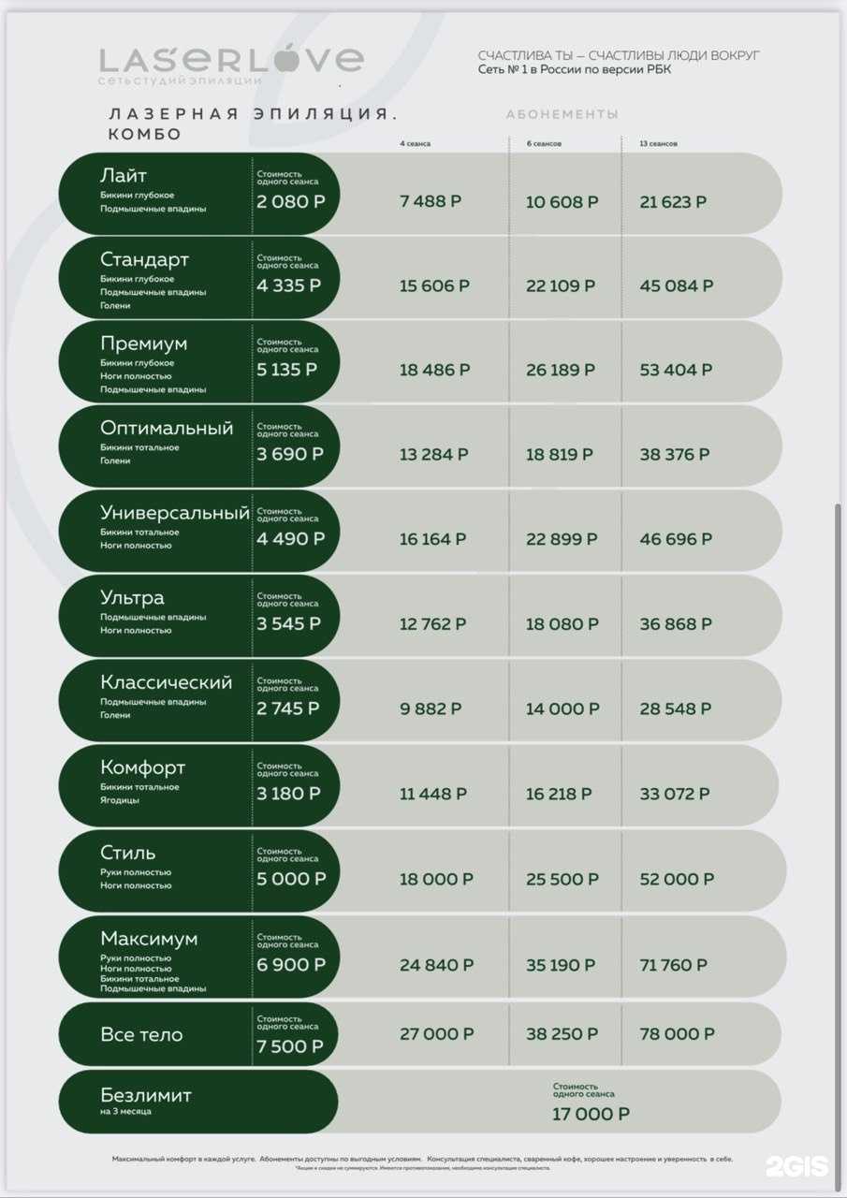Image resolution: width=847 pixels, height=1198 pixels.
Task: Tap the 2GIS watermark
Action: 796,1165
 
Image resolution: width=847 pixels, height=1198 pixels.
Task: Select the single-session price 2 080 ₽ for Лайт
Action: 291,201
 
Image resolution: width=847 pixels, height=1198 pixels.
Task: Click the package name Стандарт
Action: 144,259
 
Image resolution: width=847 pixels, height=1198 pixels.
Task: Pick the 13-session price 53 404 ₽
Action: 676,370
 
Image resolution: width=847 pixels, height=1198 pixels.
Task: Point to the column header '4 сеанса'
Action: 415,144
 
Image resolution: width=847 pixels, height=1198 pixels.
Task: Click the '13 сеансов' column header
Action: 659,144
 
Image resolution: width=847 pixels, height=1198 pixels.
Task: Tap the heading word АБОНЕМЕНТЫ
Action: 562,114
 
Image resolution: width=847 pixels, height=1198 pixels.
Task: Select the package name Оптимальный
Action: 167,429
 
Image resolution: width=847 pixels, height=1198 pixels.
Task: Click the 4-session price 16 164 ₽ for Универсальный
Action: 434,539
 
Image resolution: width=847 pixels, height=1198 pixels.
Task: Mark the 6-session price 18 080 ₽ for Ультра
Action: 562,624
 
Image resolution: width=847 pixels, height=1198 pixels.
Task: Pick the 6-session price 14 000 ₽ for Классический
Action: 562,709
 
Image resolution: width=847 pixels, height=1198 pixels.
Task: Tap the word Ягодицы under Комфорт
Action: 120,800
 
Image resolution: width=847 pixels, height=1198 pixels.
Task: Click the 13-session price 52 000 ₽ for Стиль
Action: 677,880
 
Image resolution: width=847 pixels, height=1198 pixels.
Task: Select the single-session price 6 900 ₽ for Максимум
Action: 291,965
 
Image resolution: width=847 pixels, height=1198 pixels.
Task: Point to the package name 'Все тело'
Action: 141,1035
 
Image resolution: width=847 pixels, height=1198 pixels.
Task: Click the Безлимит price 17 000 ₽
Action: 591,1114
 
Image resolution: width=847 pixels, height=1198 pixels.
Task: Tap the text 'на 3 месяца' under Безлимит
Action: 125,1112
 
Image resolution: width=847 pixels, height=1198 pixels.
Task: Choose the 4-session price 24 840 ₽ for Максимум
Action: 436,965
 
